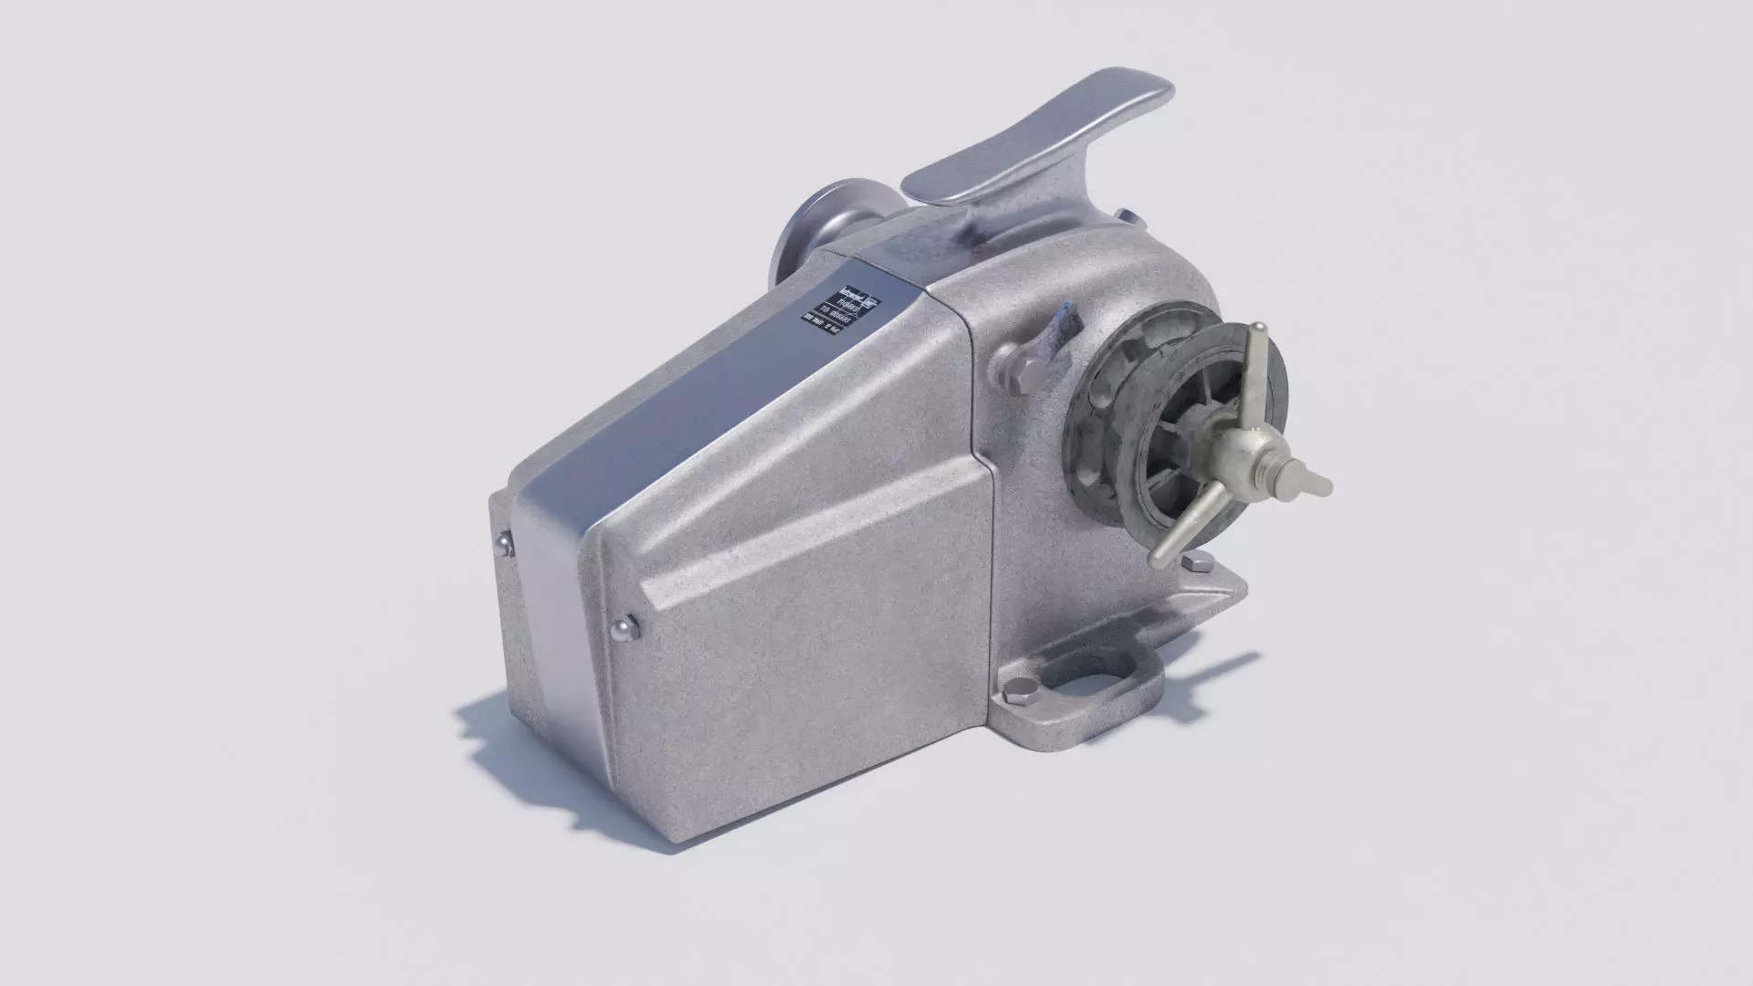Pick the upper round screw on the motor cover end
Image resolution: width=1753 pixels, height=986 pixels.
pyautogui.click(x=503, y=547)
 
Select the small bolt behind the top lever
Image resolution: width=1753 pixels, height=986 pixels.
pyautogui.click(x=1129, y=215)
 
